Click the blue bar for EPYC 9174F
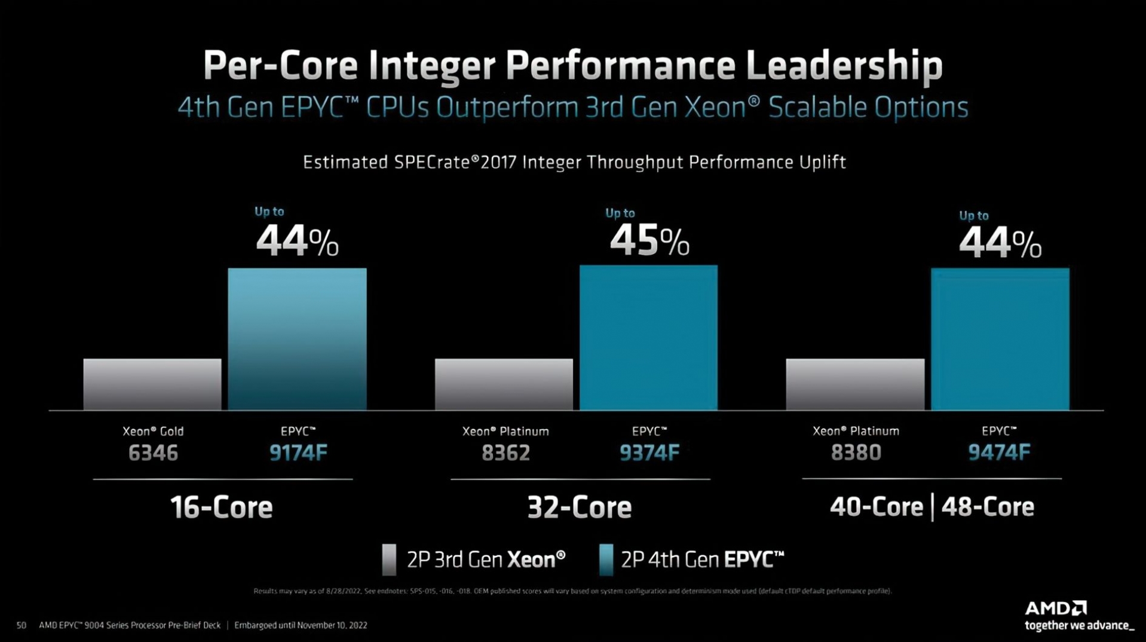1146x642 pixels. pos(297,338)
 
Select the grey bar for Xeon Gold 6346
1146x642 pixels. pos(152,384)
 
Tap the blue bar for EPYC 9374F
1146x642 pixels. pos(648,337)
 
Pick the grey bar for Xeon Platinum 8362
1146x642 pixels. pos(504,384)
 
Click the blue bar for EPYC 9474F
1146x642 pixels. pos(1000,338)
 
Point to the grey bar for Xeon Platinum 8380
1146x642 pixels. pos(855,384)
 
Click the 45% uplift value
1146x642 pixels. pos(649,241)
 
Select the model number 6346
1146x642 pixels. pos(153,453)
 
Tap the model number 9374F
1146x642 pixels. pos(649,453)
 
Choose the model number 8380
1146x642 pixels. pos(856,453)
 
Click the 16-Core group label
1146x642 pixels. pos(222,508)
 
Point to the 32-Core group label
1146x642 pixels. pos(579,508)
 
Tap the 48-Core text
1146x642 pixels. pos(988,507)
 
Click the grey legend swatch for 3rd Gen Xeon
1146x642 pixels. pos(389,560)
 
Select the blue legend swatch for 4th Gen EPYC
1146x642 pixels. pos(606,560)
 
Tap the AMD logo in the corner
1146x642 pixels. pos(1056,609)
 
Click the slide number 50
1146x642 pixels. pos(22,625)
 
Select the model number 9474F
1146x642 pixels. pos(999,453)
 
